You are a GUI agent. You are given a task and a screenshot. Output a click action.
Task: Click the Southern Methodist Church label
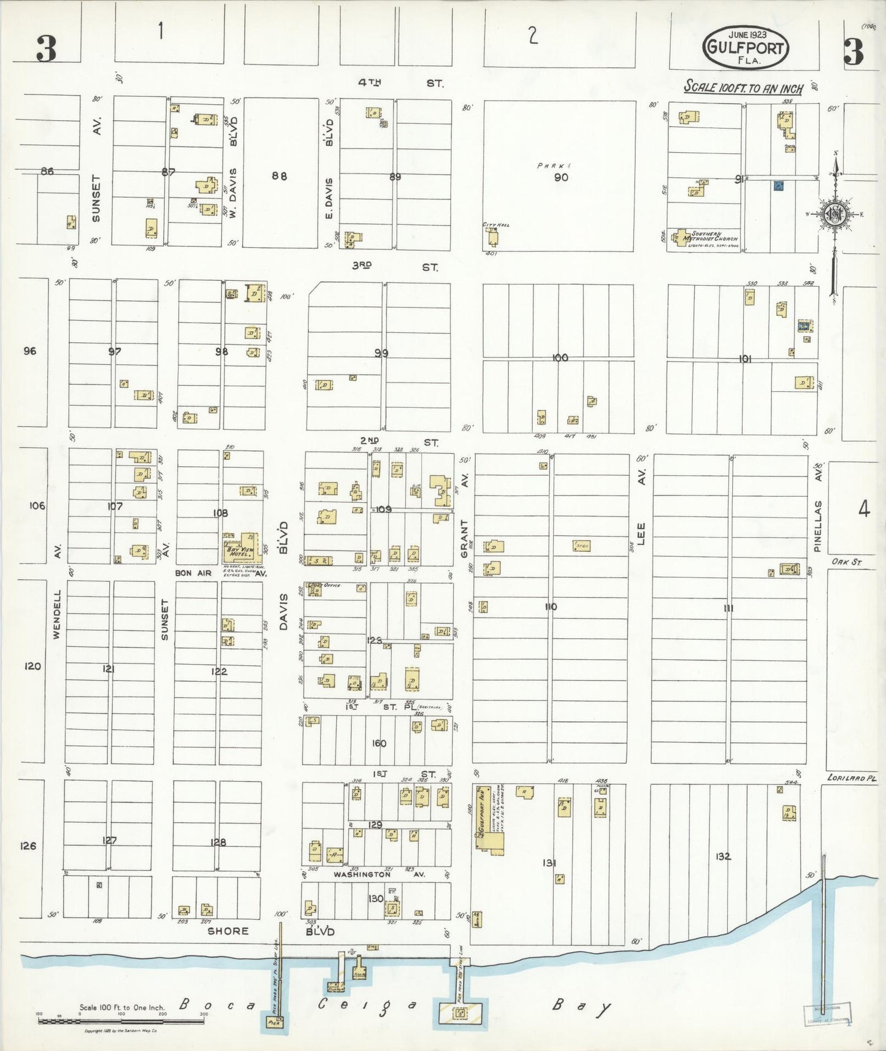(x=714, y=237)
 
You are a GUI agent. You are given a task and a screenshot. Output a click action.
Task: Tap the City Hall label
(x=496, y=225)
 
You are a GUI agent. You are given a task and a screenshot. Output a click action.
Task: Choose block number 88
(x=279, y=176)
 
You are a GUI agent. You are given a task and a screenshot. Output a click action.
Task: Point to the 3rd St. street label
(x=395, y=267)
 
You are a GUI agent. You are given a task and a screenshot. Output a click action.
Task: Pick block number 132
(x=723, y=856)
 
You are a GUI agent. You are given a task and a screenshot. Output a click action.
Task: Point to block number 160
(x=379, y=743)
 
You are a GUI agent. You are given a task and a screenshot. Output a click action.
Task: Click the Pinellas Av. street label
(x=817, y=509)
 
